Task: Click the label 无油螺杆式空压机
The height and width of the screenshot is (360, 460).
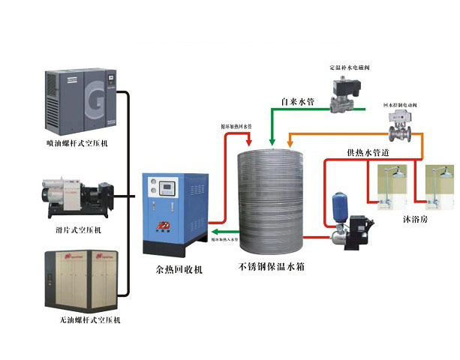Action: [x=77, y=319]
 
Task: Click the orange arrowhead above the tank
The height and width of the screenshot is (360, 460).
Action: [x=290, y=142]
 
